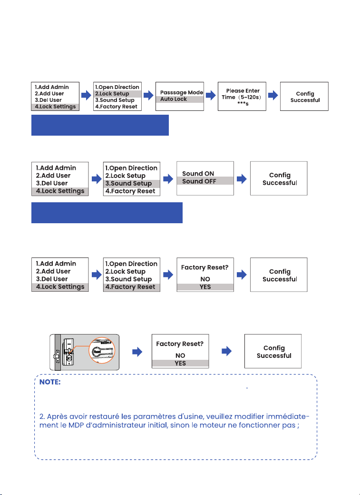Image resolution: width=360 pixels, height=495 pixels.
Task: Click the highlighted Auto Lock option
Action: pyautogui.click(x=180, y=99)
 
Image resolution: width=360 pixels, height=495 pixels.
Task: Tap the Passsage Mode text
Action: pyautogui.click(x=181, y=92)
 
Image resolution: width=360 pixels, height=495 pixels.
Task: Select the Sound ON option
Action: pyautogui.click(x=198, y=174)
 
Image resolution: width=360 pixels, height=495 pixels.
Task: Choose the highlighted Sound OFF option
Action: pyautogui.click(x=205, y=181)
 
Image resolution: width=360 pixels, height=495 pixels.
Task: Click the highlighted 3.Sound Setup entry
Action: pyautogui.click(x=132, y=183)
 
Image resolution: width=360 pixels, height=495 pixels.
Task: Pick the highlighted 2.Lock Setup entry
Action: pyautogui.click(x=117, y=94)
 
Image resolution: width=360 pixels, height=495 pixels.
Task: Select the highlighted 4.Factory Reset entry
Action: pyautogui.click(x=132, y=287)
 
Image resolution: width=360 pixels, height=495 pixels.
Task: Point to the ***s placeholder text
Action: pyautogui.click(x=243, y=104)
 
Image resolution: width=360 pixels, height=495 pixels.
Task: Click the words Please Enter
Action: pyautogui.click(x=243, y=91)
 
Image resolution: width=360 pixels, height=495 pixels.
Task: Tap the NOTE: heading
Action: pyautogui.click(x=50, y=382)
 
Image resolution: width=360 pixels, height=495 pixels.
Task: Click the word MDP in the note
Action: pyautogui.click(x=76, y=425)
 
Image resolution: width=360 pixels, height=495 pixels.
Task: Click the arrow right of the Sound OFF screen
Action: pyautogui.click(x=242, y=179)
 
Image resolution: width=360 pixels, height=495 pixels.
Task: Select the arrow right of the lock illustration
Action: pyautogui.click(x=137, y=352)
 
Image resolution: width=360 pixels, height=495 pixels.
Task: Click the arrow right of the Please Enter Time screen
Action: pyautogui.click(x=273, y=95)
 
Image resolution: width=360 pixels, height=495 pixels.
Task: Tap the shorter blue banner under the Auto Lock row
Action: pyautogui.click(x=100, y=125)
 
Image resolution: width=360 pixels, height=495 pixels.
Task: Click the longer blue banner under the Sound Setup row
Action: pyautogui.click(x=107, y=213)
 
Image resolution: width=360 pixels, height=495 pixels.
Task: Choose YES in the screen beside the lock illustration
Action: pyautogui.click(x=180, y=363)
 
